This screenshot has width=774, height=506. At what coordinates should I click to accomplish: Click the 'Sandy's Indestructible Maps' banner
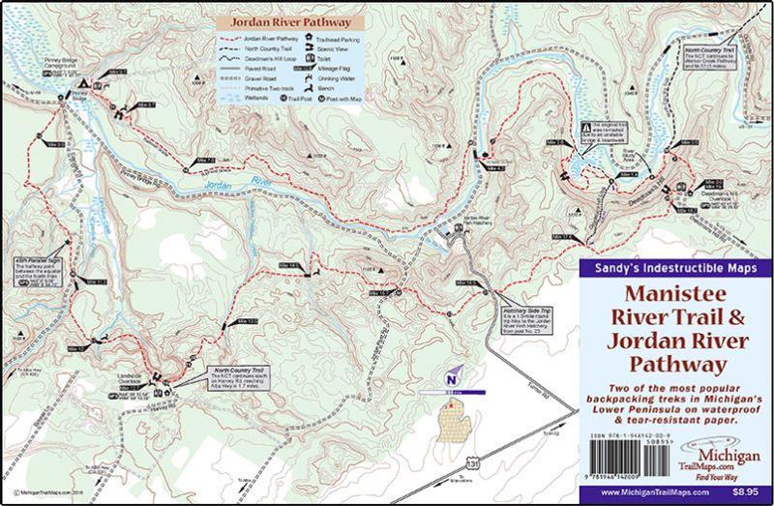[x=673, y=267]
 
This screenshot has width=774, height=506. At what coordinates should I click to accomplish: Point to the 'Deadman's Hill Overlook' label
[x=710, y=197]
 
